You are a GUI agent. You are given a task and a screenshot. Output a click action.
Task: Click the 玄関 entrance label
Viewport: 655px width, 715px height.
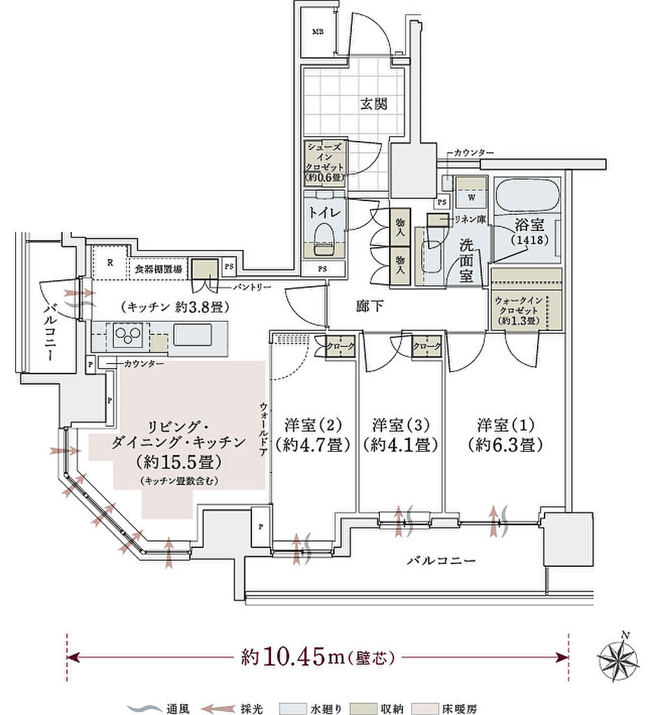pos(374,104)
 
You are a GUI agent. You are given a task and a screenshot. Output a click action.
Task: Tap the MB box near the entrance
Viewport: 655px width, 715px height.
pos(318,32)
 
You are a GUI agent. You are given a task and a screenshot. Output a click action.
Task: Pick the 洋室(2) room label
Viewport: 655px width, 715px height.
pos(312,434)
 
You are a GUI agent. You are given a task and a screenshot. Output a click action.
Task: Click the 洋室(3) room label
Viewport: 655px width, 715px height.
pos(401,434)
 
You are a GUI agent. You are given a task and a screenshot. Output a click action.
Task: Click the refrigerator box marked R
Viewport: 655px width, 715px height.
pos(110,263)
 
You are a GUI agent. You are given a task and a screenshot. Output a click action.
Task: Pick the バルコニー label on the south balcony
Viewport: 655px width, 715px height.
pos(441,561)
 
